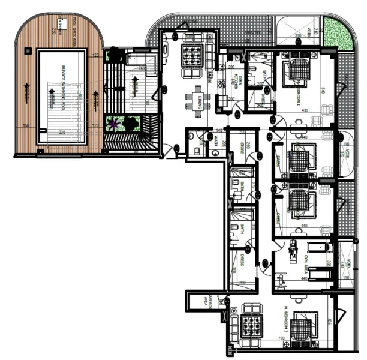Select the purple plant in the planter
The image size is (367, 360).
(112, 125)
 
